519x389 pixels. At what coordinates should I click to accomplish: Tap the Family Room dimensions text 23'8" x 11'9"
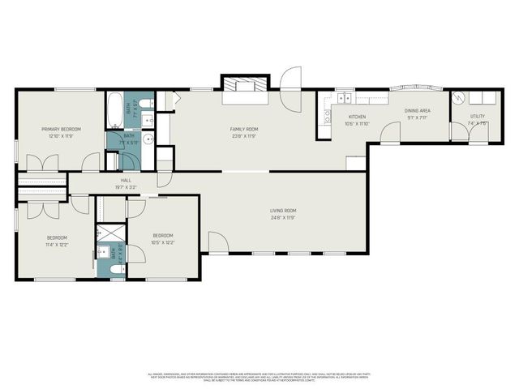(243, 136)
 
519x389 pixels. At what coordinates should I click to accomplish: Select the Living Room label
(283, 211)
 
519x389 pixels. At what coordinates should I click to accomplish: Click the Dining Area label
(418, 110)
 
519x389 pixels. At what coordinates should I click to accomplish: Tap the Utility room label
(478, 117)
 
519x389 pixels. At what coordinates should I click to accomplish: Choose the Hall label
(126, 180)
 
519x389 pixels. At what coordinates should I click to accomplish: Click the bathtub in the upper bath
(115, 109)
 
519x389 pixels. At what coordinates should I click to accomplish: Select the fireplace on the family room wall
(243, 86)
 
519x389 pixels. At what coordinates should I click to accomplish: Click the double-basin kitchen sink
(345, 99)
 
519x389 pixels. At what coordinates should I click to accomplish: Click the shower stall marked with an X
(106, 232)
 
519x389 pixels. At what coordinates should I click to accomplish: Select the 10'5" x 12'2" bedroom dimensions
(163, 242)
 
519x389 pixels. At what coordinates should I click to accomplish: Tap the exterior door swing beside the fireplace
(290, 79)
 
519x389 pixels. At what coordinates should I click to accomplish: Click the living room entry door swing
(217, 242)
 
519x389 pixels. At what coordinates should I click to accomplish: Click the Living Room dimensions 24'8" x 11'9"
(283, 217)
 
